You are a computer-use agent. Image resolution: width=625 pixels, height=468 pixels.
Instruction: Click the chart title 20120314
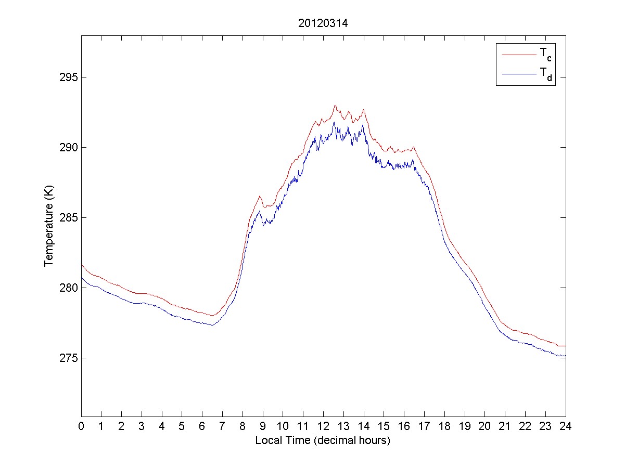tap(323, 23)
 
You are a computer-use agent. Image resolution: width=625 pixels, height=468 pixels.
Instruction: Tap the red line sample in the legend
tap(518, 54)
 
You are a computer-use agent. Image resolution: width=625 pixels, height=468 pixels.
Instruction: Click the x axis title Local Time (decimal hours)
tap(323, 440)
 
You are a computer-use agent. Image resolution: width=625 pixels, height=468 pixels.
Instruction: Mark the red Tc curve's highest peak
tap(335, 106)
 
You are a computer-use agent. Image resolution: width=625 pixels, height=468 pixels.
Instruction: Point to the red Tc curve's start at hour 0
tap(82, 264)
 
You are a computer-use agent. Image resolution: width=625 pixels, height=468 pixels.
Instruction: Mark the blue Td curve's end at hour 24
tap(565, 356)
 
